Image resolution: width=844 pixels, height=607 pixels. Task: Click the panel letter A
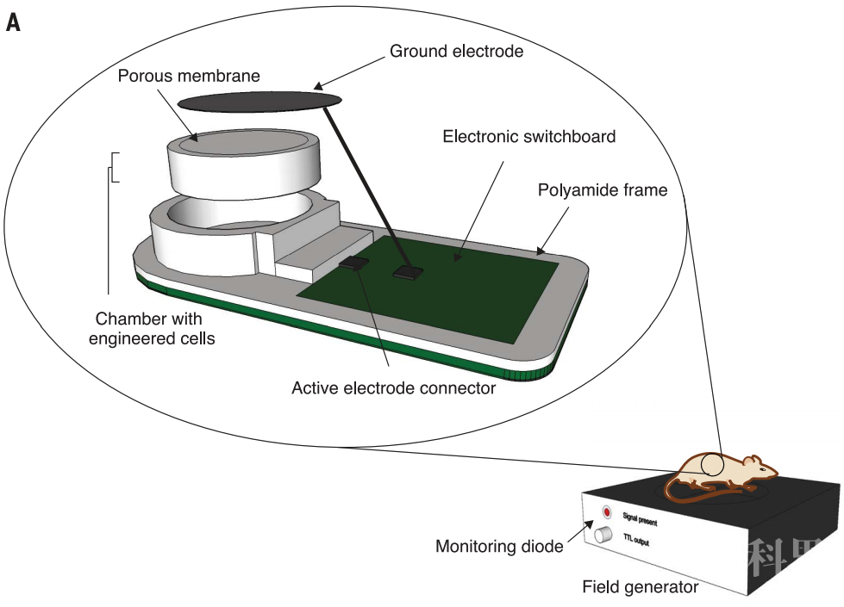(x=13, y=22)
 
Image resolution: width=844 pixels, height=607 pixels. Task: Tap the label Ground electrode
(x=456, y=51)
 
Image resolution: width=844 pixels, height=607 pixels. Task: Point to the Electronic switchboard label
(x=528, y=136)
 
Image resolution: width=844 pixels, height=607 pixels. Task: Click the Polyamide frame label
(x=602, y=189)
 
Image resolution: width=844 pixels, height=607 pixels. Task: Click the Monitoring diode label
(x=499, y=546)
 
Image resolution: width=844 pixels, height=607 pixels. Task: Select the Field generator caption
(x=640, y=587)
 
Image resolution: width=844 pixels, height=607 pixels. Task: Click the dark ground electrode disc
(x=259, y=101)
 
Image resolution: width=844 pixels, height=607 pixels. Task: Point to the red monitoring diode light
(x=606, y=512)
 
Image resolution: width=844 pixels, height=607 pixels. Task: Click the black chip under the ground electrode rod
(x=406, y=272)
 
